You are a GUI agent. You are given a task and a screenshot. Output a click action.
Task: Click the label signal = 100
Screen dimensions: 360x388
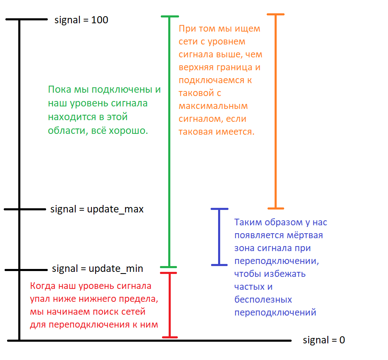81,20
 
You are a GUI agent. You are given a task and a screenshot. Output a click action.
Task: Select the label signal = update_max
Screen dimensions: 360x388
97,209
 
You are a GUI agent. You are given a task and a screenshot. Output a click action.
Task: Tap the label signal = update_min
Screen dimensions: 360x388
97,269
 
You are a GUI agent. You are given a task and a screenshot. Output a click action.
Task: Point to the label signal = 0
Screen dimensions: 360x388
324,340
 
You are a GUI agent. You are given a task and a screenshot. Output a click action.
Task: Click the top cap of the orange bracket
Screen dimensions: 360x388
275,15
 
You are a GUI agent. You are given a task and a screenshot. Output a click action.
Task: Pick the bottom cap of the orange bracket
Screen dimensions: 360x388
275,208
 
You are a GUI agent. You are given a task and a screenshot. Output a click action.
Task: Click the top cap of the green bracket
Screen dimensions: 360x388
169,17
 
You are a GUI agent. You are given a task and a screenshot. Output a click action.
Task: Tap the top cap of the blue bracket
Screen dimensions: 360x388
219,209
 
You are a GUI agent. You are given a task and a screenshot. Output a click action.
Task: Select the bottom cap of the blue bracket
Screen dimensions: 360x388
219,264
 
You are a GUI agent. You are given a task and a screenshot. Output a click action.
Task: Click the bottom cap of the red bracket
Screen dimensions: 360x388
169,336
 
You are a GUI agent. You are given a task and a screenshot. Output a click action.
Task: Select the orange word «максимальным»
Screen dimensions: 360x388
213,106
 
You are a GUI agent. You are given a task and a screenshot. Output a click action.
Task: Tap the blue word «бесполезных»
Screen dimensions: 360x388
263,300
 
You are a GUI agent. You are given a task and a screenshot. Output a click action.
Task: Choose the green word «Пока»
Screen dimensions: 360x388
60,90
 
